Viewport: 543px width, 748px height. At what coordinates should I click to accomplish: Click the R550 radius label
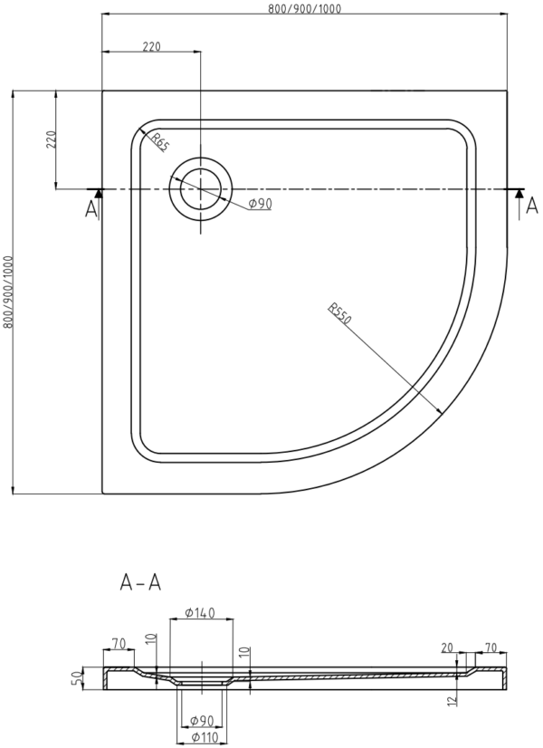click(x=339, y=313)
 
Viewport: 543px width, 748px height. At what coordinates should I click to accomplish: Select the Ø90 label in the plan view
click(x=260, y=204)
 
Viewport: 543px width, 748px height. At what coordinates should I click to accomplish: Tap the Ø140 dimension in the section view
click(x=200, y=612)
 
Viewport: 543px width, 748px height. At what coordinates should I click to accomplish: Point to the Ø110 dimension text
click(x=205, y=737)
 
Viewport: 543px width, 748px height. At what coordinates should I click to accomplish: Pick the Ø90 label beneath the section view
click(x=202, y=720)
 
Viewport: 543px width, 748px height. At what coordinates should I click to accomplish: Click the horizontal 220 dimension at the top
click(x=152, y=46)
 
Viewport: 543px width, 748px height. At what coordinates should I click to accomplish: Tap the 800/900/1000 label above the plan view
click(x=305, y=8)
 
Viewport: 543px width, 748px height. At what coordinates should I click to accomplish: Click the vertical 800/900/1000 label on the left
click(x=6, y=292)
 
